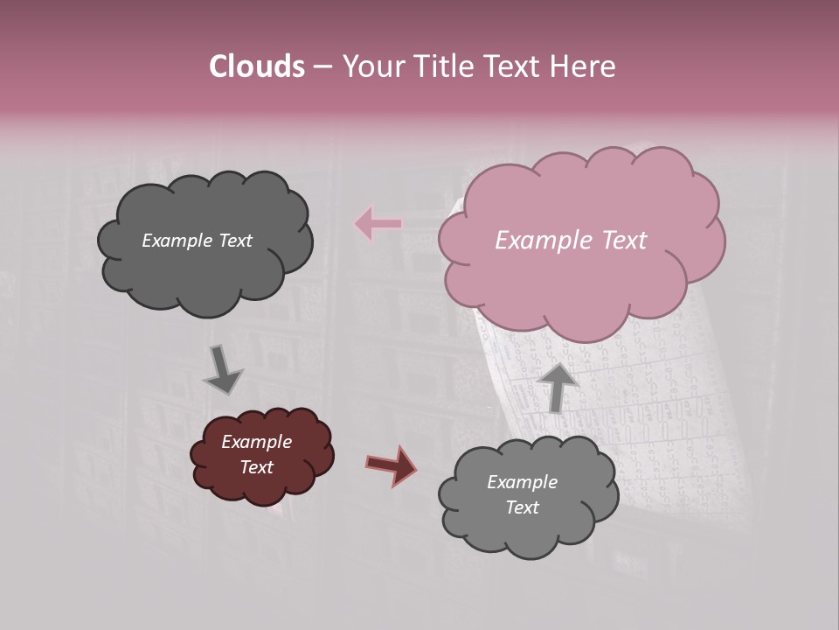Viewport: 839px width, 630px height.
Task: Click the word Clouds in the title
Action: pos(257,66)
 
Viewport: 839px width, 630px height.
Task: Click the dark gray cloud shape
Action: pos(205,262)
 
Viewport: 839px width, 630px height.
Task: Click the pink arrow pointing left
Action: pos(378,224)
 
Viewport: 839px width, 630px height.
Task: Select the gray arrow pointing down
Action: pos(222,369)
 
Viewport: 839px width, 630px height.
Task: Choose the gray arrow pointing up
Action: pos(558,386)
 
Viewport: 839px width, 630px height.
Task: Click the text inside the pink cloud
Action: pos(571,241)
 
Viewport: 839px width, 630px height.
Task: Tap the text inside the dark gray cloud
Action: pos(197,241)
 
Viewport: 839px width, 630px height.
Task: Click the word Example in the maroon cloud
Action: pos(256,442)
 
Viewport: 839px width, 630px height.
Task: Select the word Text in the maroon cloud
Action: pos(256,467)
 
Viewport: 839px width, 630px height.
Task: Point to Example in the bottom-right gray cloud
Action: pos(522,482)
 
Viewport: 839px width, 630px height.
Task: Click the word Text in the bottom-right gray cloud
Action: pos(522,507)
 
